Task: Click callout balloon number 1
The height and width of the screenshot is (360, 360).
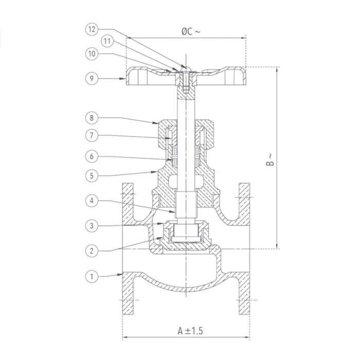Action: pyautogui.click(x=91, y=277)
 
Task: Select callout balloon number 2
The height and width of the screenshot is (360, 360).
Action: pyautogui.click(x=91, y=250)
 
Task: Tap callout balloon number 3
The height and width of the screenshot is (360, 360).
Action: pyautogui.click(x=91, y=225)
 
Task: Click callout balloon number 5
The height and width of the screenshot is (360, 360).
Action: pyautogui.click(x=91, y=175)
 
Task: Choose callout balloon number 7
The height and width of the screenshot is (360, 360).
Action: pyautogui.click(x=91, y=136)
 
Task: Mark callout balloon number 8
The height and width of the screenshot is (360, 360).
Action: pyautogui.click(x=91, y=118)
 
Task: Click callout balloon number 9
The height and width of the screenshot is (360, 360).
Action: pyautogui.click(x=91, y=79)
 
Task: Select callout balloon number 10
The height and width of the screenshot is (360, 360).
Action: pyautogui.click(x=91, y=53)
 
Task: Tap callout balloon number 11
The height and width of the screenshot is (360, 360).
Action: pyautogui.click(x=106, y=40)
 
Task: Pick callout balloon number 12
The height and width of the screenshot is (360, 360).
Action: pyautogui.click(x=91, y=30)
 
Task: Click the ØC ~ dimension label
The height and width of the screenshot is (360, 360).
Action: pyautogui.click(x=191, y=31)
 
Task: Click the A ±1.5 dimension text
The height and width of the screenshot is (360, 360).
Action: pyautogui.click(x=187, y=329)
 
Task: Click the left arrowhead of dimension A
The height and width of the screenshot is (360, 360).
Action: pyautogui.click(x=125, y=338)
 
